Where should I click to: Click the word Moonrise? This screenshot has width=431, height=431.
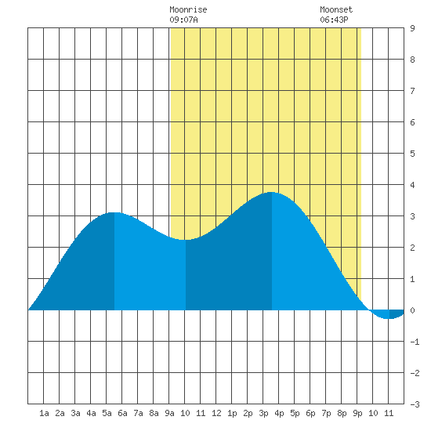click(188, 9)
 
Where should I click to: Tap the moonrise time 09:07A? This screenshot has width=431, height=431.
click(183, 20)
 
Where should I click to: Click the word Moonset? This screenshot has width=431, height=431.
click(336, 9)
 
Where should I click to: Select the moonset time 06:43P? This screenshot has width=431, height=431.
click(334, 20)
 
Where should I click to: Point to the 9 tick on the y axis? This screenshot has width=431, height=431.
click(412, 28)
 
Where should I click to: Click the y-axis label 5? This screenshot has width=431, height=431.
click(412, 154)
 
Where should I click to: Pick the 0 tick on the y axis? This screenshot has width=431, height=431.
click(412, 310)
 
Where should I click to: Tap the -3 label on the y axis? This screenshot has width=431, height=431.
click(415, 404)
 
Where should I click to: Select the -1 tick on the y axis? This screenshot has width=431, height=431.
click(415, 342)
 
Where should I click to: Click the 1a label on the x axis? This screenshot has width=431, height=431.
click(44, 413)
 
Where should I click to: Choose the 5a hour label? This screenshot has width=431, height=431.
click(107, 413)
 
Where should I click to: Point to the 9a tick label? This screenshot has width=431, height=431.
click(169, 413)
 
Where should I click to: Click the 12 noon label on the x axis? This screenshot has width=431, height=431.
click(216, 413)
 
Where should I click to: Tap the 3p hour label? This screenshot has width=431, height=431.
click(263, 413)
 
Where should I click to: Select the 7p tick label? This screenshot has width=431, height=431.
click(326, 413)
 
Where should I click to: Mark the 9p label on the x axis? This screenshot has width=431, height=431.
click(357, 413)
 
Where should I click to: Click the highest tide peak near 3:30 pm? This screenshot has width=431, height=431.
click(271, 193)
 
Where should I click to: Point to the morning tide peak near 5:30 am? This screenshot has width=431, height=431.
click(114, 212)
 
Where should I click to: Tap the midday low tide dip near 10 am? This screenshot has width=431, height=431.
click(186, 240)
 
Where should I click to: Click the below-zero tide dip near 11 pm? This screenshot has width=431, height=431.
click(389, 318)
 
